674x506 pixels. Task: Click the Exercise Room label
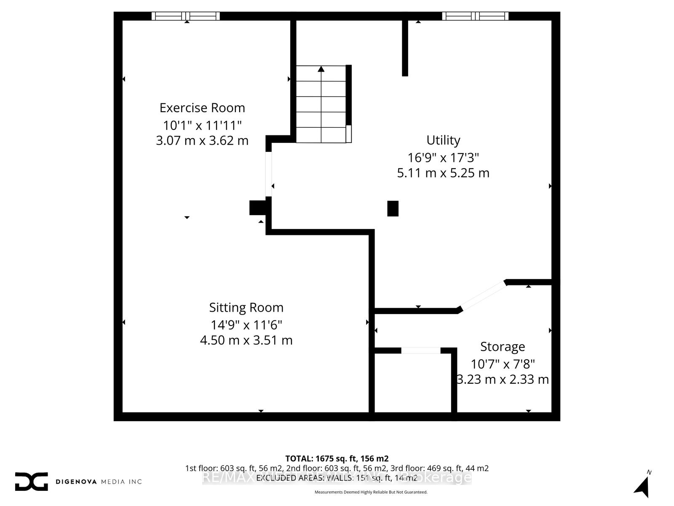[x=202, y=108]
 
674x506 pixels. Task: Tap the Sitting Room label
[x=246, y=307]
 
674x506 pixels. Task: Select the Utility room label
[x=443, y=140]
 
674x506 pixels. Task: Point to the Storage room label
[x=503, y=347]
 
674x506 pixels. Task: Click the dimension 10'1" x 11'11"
[x=202, y=125]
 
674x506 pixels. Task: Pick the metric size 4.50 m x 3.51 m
[x=246, y=340]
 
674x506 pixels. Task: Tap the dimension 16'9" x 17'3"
[x=443, y=158]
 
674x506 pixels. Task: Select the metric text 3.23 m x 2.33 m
[x=503, y=379]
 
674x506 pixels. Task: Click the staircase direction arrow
[x=321, y=70]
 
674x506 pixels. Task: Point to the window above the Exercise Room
[x=186, y=16]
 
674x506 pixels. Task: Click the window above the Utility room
[x=475, y=16]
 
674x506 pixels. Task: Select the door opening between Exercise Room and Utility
[x=268, y=174]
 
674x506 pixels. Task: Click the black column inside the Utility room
[x=393, y=208]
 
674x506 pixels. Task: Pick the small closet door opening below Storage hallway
[x=420, y=350]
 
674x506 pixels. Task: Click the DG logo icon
[x=31, y=482]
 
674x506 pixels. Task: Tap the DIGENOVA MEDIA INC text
[x=99, y=482]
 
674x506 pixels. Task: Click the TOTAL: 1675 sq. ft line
[x=337, y=458]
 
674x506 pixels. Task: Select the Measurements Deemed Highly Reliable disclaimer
[x=371, y=492]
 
